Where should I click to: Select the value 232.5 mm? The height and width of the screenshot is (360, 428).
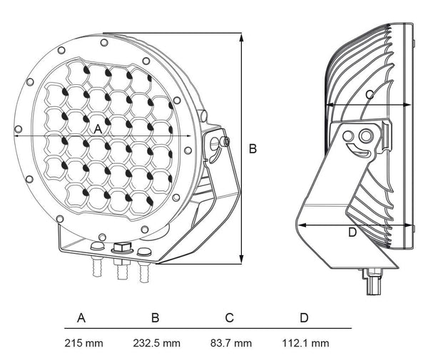pyautogui.click(x=157, y=343)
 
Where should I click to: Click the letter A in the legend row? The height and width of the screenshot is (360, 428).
pyautogui.click(x=81, y=317)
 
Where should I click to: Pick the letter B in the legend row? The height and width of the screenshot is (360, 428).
pyautogui.click(x=155, y=317)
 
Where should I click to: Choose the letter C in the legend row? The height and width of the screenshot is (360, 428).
pyautogui.click(x=229, y=317)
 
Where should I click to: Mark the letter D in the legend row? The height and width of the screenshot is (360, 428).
pyautogui.click(x=304, y=317)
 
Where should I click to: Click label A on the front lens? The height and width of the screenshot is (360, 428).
pyautogui.click(x=98, y=129)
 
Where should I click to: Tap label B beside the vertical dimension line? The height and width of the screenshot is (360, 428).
pyautogui.click(x=252, y=149)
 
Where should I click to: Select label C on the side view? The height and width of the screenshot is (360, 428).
pyautogui.click(x=369, y=94)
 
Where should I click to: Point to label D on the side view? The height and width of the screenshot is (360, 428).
pyautogui.click(x=352, y=232)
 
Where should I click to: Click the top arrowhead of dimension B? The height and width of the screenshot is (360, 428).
pyautogui.click(x=243, y=36)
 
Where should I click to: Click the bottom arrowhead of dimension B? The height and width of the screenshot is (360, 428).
pyautogui.click(x=243, y=262)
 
